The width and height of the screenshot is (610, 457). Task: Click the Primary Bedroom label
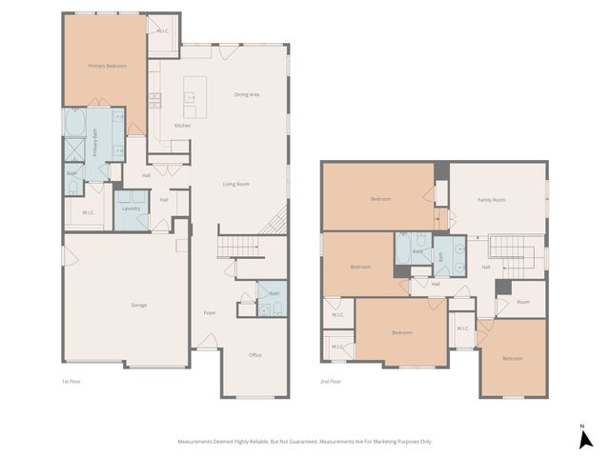click(x=108, y=66)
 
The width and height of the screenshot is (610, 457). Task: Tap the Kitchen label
click(x=182, y=126)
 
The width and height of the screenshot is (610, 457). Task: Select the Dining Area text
click(x=247, y=94)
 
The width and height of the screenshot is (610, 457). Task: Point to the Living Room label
click(x=235, y=184)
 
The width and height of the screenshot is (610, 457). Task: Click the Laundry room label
click(x=132, y=208)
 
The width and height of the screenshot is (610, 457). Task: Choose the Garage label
click(x=138, y=305)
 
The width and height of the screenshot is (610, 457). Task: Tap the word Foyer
click(x=210, y=312)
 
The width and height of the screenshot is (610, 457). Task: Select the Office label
click(x=255, y=355)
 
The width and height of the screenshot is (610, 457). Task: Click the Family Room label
click(x=492, y=200)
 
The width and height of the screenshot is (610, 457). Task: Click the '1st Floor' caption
click(x=71, y=381)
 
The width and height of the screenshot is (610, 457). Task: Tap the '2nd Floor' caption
click(x=332, y=381)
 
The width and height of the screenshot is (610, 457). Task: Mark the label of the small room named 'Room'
click(x=523, y=302)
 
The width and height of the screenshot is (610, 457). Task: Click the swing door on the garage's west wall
click(x=66, y=257)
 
